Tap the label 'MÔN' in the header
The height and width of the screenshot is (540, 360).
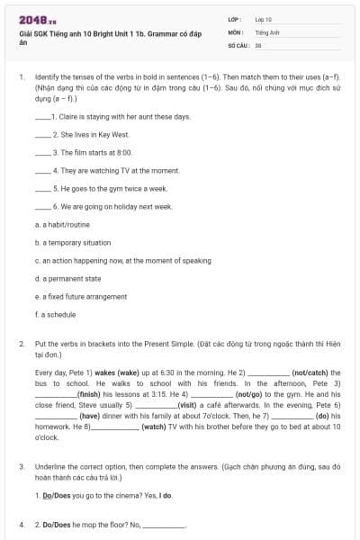pyautogui.click(x=235, y=31)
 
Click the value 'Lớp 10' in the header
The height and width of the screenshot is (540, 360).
pyautogui.click(x=264, y=19)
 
